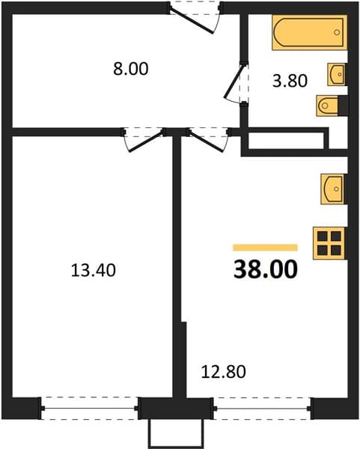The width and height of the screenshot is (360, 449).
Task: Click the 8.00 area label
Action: pyautogui.click(x=130, y=69)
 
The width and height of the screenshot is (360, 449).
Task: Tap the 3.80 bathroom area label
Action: pyautogui.click(x=290, y=81)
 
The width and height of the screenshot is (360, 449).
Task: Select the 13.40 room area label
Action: pyautogui.click(x=94, y=270)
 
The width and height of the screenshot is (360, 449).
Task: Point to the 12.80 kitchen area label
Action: pyautogui.click(x=223, y=372)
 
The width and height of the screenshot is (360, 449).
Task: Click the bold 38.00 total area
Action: pyautogui.click(x=266, y=269)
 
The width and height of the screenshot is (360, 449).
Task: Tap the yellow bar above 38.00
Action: pyautogui.click(x=266, y=248)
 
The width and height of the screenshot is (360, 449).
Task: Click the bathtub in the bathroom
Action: pyautogui.click(x=310, y=32)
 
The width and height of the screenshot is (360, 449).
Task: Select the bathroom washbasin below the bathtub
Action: pyautogui.click(x=337, y=74)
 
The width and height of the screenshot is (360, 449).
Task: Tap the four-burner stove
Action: pyautogui.click(x=329, y=243)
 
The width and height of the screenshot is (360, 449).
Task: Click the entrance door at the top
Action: pyautogui.click(x=195, y=18)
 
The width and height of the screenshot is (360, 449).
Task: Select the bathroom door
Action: pyautogui.click(x=237, y=82)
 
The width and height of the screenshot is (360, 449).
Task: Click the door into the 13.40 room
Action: pyautogui.click(x=144, y=140)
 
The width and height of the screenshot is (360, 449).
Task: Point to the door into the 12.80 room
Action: pyautogui.click(x=208, y=140)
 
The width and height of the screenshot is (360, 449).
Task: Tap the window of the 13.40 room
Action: pyautogui.click(x=89, y=409)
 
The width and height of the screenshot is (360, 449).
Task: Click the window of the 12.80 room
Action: pyautogui.click(x=263, y=409)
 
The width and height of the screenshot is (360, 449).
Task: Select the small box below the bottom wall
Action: pyautogui.click(x=176, y=433)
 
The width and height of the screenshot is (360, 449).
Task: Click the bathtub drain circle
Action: pyautogui.click(x=337, y=32)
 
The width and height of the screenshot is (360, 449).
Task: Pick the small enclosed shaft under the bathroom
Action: pyautogui.click(x=286, y=141)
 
